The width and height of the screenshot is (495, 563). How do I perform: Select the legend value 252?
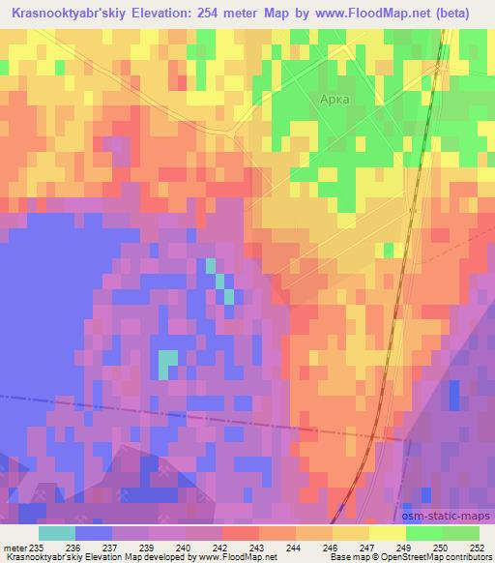click(x=476, y=548)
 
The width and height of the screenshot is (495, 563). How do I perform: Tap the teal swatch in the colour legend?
click(x=57, y=533)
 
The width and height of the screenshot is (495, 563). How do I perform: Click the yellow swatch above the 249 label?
click(x=388, y=533)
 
